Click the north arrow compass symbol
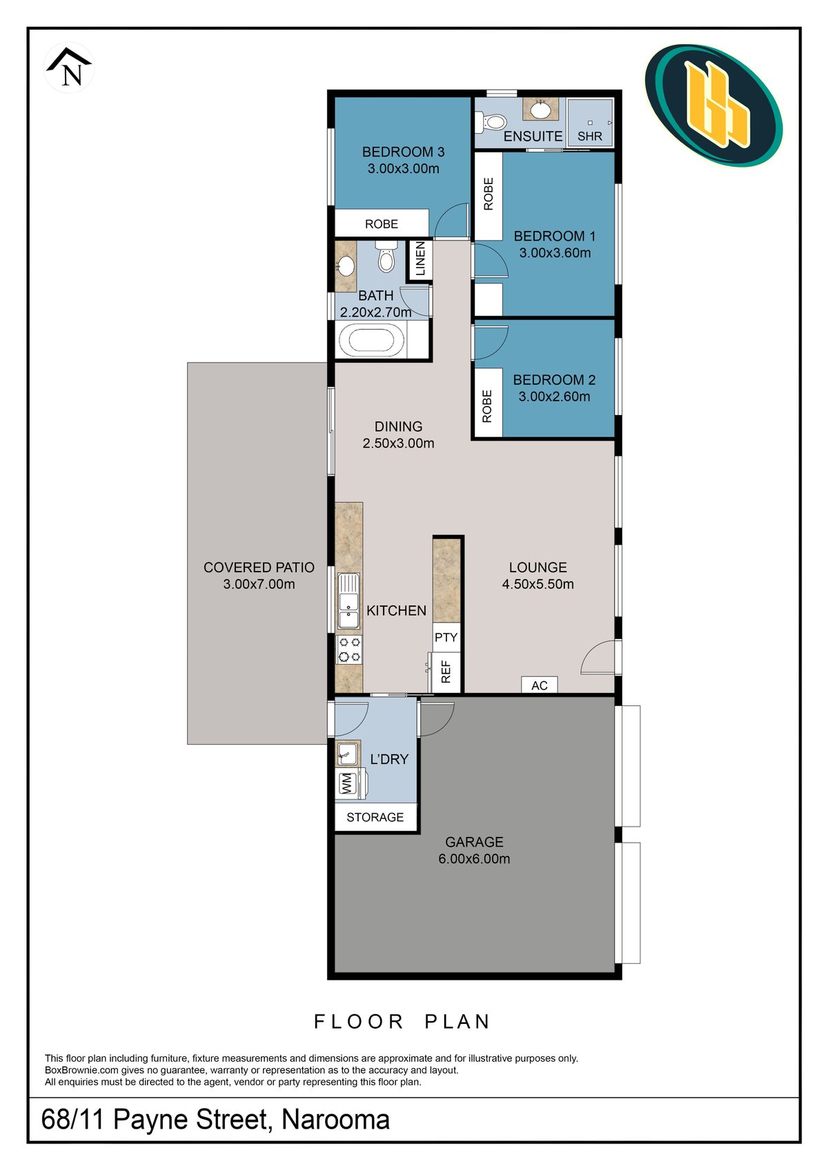point(69,68)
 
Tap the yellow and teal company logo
point(713,105)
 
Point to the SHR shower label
point(590,137)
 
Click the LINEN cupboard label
point(420,259)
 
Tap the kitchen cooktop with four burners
point(349,649)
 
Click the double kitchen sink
point(348,601)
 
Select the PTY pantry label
point(446,637)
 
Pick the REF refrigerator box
point(446,672)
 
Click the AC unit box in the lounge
point(540,685)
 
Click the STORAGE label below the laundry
point(375,817)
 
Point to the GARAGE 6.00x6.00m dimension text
point(474,859)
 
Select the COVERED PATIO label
point(259,567)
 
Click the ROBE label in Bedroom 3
point(381,224)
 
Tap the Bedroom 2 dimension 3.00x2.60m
point(554,396)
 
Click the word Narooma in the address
point(335,1120)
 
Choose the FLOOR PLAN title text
point(402,1022)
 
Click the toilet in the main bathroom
point(386,257)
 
